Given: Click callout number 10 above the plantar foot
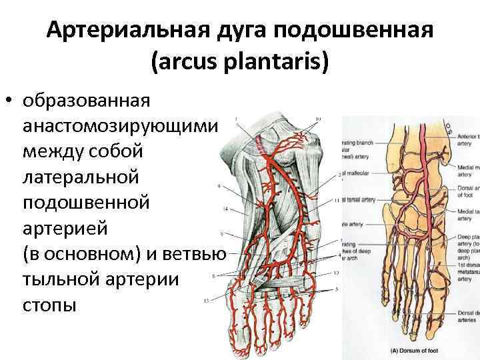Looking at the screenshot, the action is point(318,119).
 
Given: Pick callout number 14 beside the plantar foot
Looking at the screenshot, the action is point(225,209).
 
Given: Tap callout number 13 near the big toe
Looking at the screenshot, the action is point(207,301).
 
